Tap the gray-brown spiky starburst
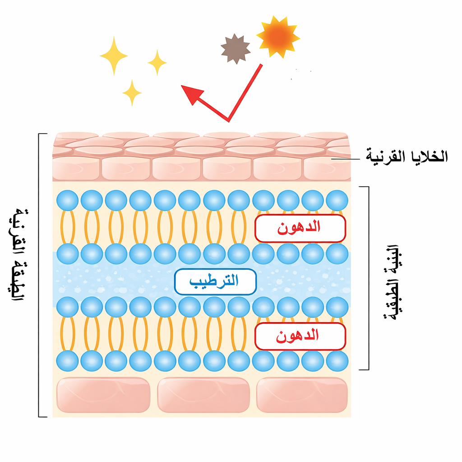tap(236, 49)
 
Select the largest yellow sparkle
tap(114, 55)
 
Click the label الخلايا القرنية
tap(406, 157)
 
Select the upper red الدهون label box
tap(300, 228)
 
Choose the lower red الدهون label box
tap(300, 336)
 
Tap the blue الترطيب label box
tap(215, 282)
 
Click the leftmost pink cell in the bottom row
tap(103, 395)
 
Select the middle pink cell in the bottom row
tap(203, 395)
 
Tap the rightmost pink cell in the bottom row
tap(302, 395)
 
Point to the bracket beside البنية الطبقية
tap(368, 277)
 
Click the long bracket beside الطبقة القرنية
tap(39, 275)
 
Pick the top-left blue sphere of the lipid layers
tap(68, 200)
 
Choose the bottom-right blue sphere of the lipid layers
tap(337, 361)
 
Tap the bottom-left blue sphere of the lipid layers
tap(68, 361)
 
